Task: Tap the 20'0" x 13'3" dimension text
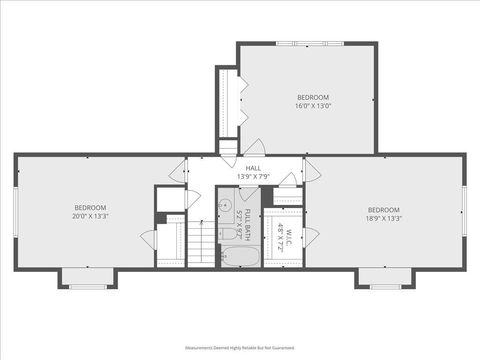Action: pos(89,215)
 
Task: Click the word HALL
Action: pos(253,167)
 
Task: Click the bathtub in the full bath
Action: pos(239,256)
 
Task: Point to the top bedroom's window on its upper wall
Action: pos(308,43)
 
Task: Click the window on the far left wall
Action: pos(16,212)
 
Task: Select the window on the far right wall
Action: pos(464,212)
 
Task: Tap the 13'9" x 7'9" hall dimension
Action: pos(253,176)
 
